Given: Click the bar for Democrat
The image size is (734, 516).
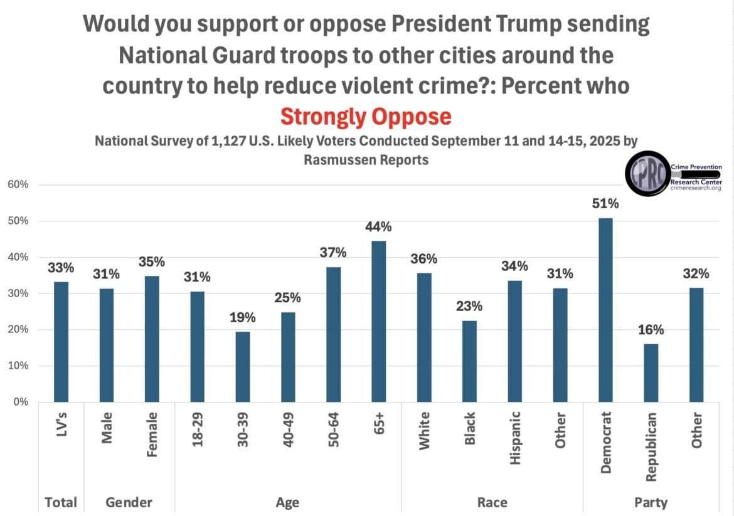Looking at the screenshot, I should tap(605, 310).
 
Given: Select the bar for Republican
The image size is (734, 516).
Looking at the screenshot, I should tap(651, 372).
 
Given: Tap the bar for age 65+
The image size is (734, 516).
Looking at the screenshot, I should tap(378, 321).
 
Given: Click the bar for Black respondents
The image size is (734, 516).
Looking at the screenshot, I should tap(469, 361).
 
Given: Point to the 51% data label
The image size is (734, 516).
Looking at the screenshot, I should tap(605, 204).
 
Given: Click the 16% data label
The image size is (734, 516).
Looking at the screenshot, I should tap(651, 330).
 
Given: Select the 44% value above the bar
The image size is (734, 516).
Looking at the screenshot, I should tap(378, 226).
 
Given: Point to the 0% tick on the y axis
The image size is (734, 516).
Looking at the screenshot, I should tap(23, 402).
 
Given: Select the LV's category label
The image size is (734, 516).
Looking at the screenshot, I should tap(61, 426).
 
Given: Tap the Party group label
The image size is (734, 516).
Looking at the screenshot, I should tap(651, 502).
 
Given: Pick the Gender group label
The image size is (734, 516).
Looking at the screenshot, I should tap(129, 502).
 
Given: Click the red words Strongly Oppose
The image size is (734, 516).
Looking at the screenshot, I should tap(366, 117).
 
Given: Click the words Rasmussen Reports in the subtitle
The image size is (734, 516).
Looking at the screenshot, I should tap(366, 160).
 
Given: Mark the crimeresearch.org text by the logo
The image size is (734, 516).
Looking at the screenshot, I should tap(696, 187).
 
